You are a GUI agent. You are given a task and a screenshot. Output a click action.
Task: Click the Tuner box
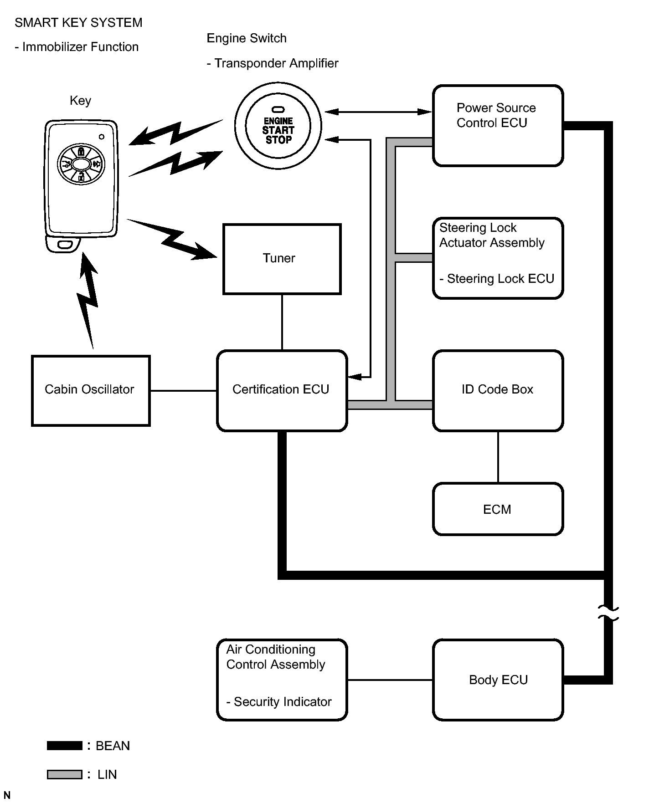pyautogui.click(x=282, y=259)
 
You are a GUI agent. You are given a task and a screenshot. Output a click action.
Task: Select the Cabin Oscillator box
pyautogui.click(x=91, y=391)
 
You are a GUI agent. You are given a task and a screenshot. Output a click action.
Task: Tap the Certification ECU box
pyautogui.click(x=282, y=391)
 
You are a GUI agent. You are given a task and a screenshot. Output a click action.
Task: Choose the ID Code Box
pyautogui.click(x=498, y=391)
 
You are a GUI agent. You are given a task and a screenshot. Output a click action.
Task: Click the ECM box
pyautogui.click(x=498, y=509)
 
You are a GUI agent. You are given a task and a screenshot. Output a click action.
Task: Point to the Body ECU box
pyautogui.click(x=498, y=680)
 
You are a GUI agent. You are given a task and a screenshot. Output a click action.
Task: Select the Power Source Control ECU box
pyautogui.click(x=498, y=126)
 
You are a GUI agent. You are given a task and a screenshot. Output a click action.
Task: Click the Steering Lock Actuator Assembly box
pyautogui.click(x=498, y=258)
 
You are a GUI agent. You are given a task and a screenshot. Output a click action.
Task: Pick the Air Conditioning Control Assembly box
pyautogui.click(x=282, y=680)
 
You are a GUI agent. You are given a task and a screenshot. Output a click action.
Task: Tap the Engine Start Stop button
pyautogui.click(x=278, y=126)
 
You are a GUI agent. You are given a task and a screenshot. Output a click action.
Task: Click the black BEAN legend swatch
pyautogui.click(x=65, y=746)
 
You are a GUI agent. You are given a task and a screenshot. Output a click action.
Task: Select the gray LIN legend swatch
pyautogui.click(x=65, y=774)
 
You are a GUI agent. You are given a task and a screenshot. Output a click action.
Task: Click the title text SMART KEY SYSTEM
pyautogui.click(x=78, y=23)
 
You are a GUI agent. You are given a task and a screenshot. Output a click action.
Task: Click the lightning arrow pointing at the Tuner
pyautogui.click(x=172, y=239)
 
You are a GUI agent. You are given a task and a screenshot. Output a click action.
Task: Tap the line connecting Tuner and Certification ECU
pyautogui.click(x=282, y=322)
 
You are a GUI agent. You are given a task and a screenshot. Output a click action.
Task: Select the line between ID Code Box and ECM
pyautogui.click(x=498, y=457)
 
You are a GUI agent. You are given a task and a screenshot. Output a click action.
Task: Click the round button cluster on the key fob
pyautogui.click(x=81, y=164)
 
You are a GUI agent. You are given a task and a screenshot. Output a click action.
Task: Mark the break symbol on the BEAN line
pyautogui.click(x=608, y=613)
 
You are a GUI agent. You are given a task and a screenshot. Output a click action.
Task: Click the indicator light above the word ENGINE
pyautogui.click(x=278, y=110)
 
